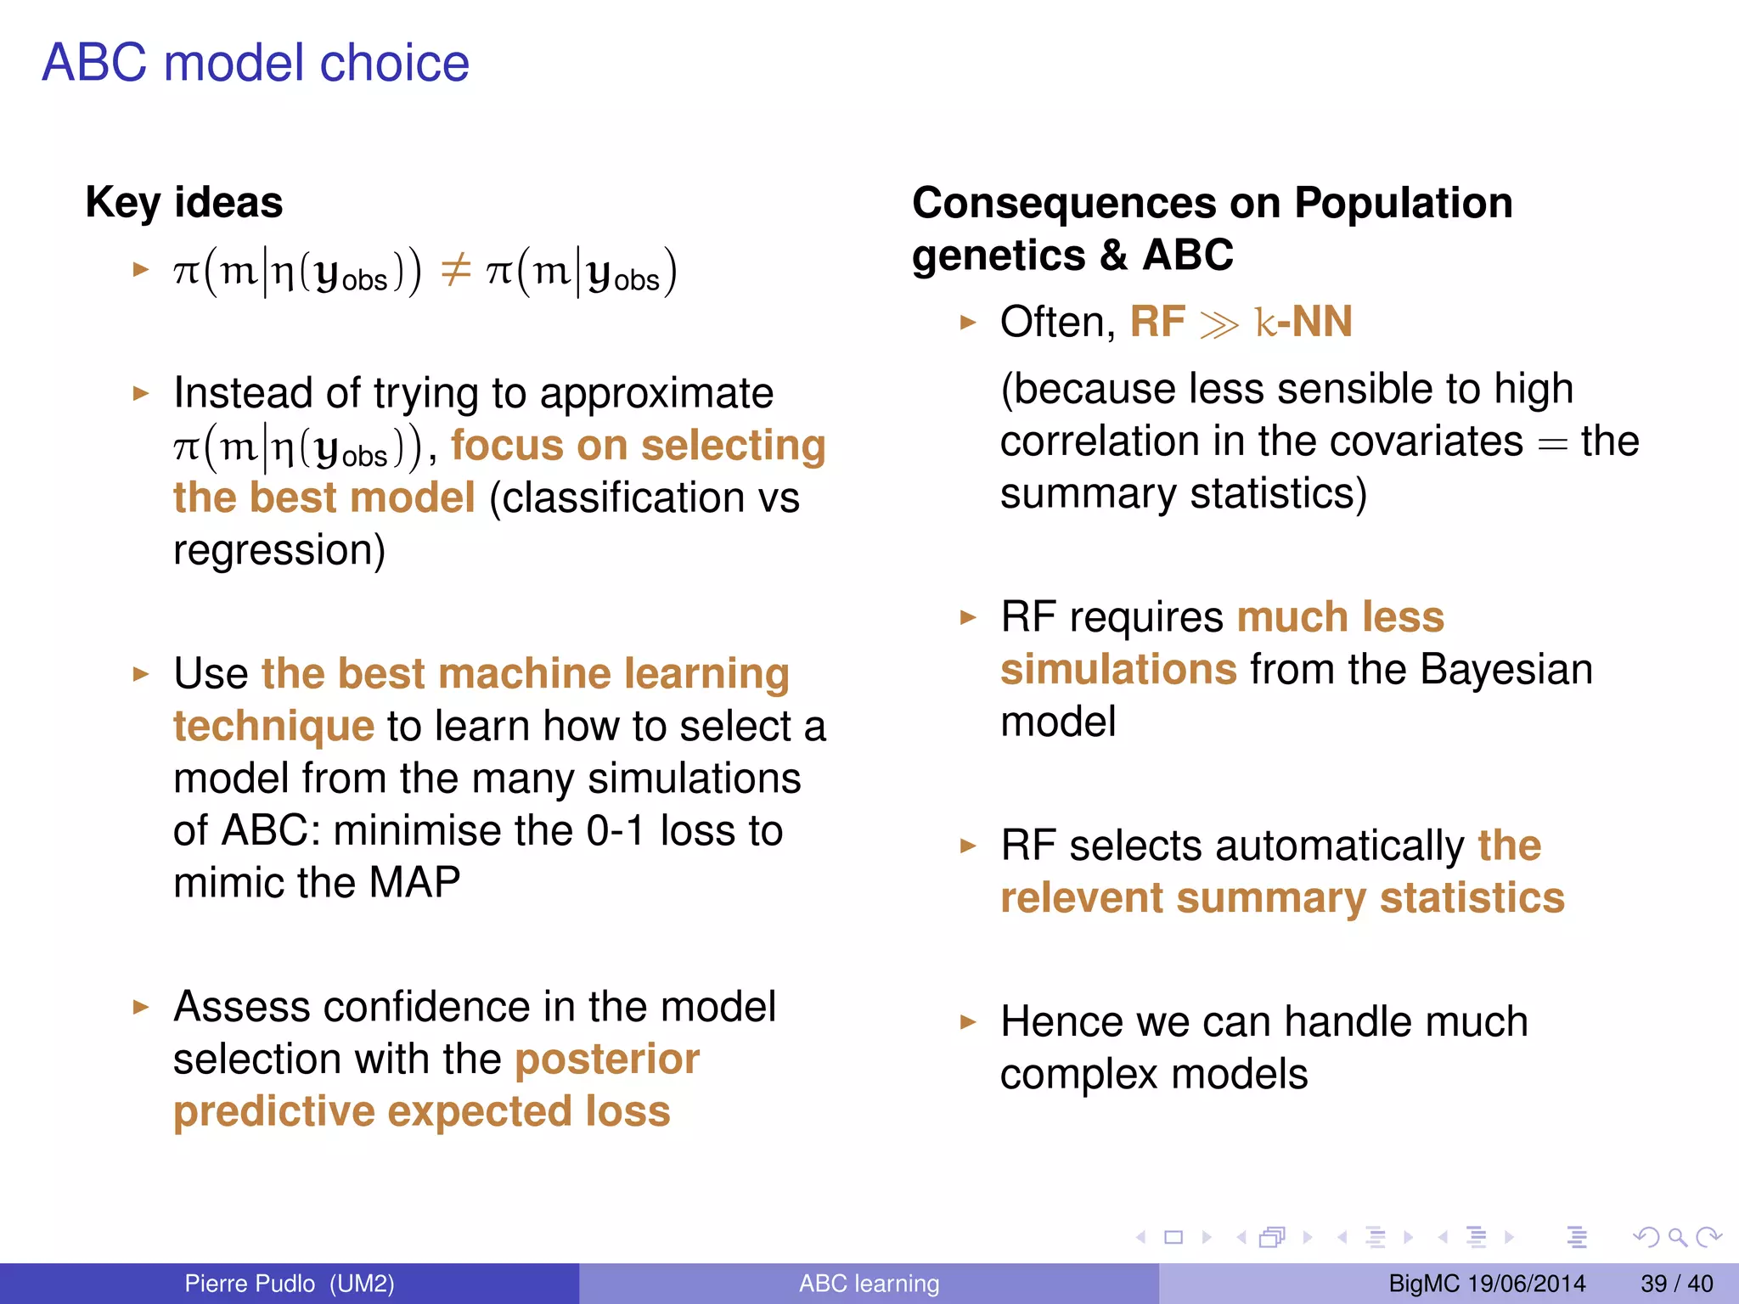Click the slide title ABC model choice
click(x=255, y=63)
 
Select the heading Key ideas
click(x=183, y=202)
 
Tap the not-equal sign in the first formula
click(x=455, y=272)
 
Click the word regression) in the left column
click(x=279, y=550)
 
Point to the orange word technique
click(x=273, y=727)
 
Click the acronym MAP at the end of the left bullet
click(x=414, y=883)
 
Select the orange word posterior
click(x=607, y=1059)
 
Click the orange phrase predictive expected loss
click(x=422, y=1112)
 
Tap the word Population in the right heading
click(x=1403, y=204)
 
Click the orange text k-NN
click(x=1303, y=323)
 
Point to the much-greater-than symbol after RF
click(x=1219, y=324)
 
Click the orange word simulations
click(x=1118, y=670)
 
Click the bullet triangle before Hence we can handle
click(x=968, y=1021)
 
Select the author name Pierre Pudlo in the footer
click(x=250, y=1284)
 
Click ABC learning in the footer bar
click(x=869, y=1284)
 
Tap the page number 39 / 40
click(x=1676, y=1284)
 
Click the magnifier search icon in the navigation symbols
click(x=1677, y=1237)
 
